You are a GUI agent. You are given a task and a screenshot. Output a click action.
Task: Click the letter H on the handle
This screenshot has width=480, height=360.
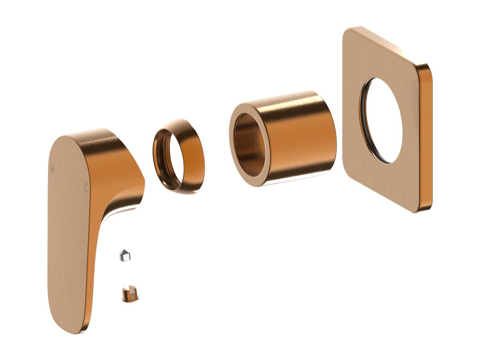click(x=52, y=169)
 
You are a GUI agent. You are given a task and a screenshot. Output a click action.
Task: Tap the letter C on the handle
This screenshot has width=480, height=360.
click(x=86, y=188)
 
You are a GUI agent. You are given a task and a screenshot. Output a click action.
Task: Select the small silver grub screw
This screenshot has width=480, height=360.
click(x=125, y=255)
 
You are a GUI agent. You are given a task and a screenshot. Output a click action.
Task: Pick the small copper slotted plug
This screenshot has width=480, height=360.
click(x=130, y=294)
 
